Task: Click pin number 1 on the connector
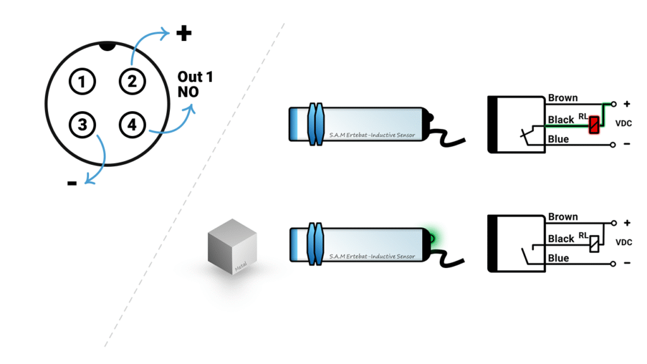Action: pos(82,82)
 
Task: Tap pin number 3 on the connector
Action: pos(82,124)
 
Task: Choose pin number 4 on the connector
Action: pos(131,124)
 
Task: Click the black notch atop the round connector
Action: pos(107,45)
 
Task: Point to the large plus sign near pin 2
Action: pos(184,33)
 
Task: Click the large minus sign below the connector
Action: pos(72,184)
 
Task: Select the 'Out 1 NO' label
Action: pos(195,84)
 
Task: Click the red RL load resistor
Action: pos(593,124)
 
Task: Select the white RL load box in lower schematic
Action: pos(594,243)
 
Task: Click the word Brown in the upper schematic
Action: pos(563,98)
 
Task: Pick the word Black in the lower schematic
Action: pos(561,238)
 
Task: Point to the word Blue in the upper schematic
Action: pos(559,139)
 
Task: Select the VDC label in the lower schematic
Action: pos(625,242)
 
